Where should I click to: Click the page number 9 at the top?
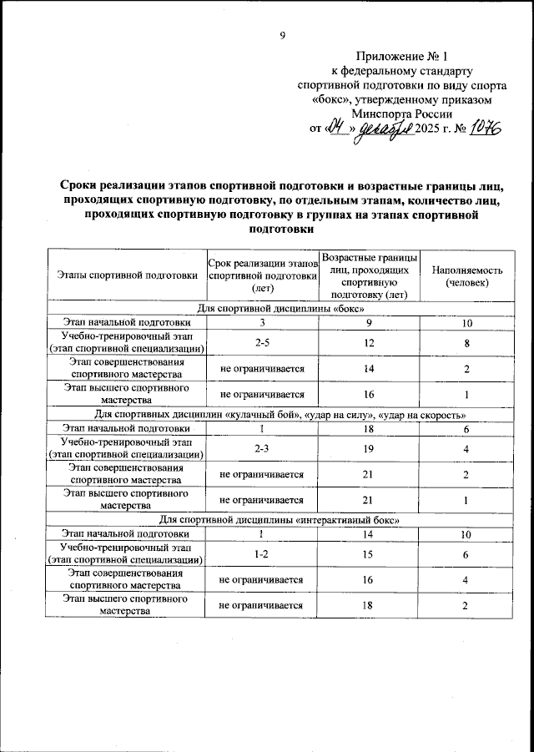282,34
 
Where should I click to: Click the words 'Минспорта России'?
401,114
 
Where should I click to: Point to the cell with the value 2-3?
261,449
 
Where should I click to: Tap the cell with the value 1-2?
261,554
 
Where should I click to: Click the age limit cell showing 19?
368,449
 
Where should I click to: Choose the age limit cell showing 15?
368,554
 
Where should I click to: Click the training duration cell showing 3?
261,322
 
